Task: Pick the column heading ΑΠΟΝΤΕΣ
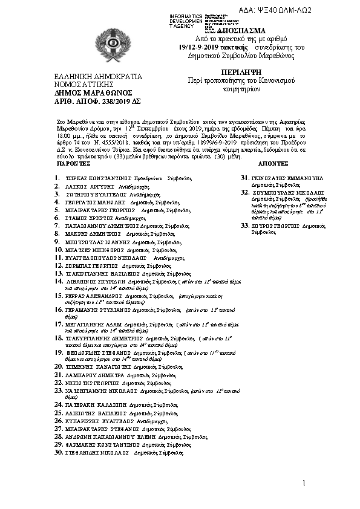click(x=273, y=164)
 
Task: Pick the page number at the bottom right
click(x=304, y=482)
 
